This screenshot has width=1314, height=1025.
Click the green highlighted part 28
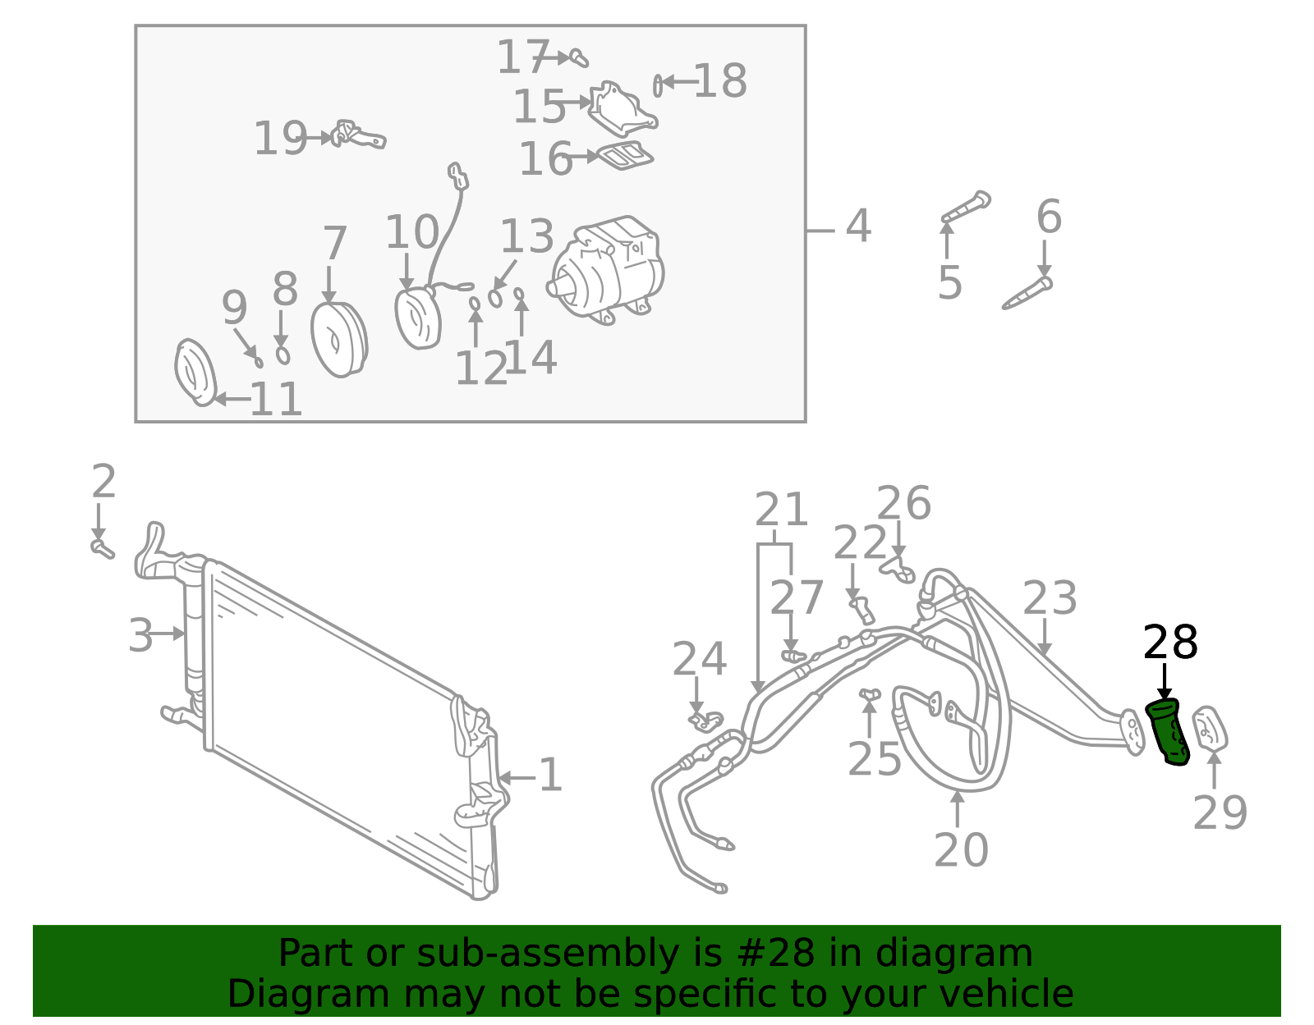[x=1167, y=732]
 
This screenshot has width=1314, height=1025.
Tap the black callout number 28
[x=1170, y=643]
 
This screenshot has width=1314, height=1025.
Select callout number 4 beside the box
[x=857, y=227]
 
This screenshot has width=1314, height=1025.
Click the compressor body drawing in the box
[x=609, y=268]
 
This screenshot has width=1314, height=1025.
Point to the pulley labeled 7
[x=338, y=339]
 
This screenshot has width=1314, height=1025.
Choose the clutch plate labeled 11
[x=195, y=373]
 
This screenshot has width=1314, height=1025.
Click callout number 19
[x=279, y=139]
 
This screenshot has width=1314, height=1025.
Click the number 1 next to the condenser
[x=550, y=776]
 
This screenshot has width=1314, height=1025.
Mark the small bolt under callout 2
[x=102, y=547]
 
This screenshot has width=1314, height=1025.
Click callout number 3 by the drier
[x=140, y=635]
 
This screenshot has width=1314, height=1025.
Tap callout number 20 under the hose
[x=961, y=850]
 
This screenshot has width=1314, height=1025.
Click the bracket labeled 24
[x=705, y=721]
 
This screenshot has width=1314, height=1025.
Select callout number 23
[x=1050, y=599]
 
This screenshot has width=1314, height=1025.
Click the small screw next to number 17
[x=580, y=58]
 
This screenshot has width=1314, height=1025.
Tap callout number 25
[x=874, y=759]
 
